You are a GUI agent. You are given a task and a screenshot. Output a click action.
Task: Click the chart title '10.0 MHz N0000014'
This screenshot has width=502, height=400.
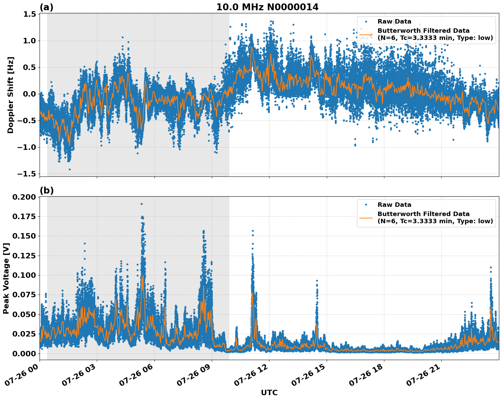coord(267,7)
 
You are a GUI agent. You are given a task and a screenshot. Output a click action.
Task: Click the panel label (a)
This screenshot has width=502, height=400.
coord(46,7)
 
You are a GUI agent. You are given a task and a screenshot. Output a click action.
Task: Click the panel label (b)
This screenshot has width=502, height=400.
coord(46,190)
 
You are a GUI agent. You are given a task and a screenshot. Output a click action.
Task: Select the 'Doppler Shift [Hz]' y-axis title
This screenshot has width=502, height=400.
coord(11,95)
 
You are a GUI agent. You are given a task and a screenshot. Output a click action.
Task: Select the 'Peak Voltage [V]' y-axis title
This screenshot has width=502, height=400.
coord(6,278)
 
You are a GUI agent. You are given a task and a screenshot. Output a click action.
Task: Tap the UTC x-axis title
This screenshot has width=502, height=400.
coord(269,392)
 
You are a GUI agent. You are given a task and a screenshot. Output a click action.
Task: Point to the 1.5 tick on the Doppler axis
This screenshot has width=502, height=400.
coord(30,14)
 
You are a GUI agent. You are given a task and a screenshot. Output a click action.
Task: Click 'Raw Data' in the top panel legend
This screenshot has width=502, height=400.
coord(394,22)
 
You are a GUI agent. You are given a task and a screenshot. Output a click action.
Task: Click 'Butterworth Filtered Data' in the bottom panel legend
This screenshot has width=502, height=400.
coord(423,214)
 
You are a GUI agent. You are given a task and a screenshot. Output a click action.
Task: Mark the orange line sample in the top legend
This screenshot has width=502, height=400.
coord(366,34)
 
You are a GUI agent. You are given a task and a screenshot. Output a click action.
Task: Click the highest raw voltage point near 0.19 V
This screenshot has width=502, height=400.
coord(142,204)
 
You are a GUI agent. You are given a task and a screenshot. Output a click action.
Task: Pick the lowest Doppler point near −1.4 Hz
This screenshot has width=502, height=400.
coord(70,169)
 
